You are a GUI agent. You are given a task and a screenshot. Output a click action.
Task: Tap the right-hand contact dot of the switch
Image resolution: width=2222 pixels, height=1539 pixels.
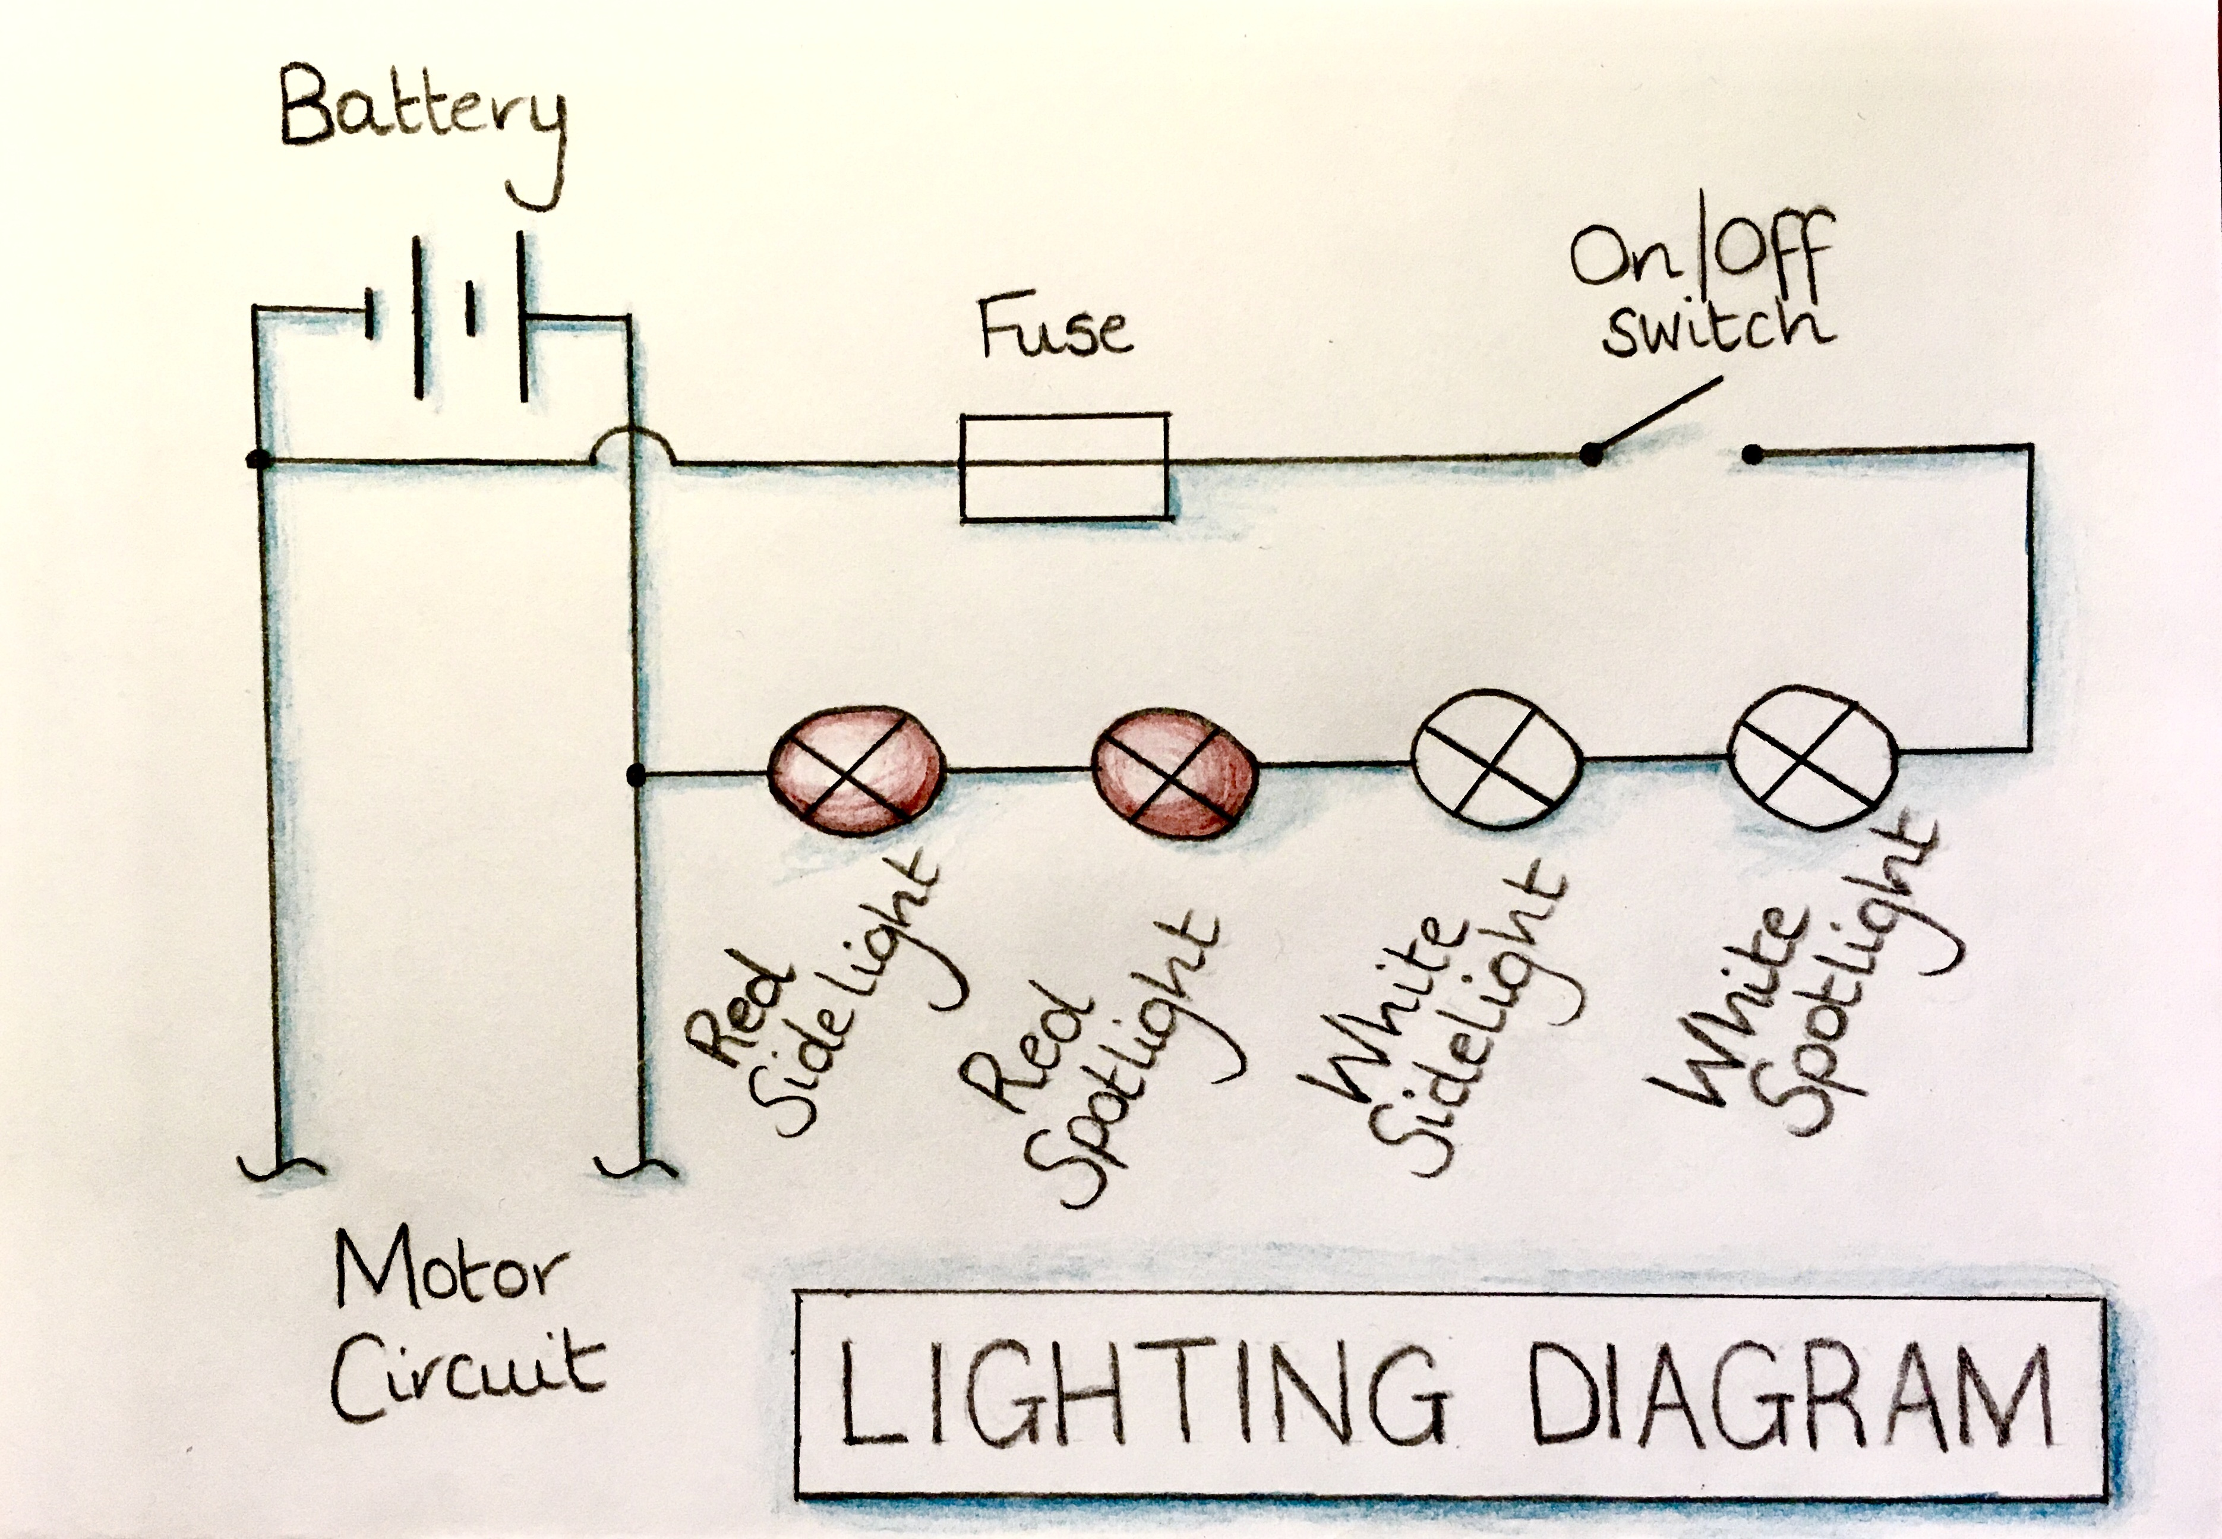[x=1753, y=453]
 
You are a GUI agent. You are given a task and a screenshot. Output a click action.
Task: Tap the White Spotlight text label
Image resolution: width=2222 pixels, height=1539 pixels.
[x=1803, y=993]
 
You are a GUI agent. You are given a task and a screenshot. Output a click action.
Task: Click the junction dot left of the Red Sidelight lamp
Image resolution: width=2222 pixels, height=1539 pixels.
[x=635, y=774]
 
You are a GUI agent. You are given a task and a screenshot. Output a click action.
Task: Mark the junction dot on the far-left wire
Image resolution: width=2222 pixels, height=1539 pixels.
[x=257, y=460]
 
